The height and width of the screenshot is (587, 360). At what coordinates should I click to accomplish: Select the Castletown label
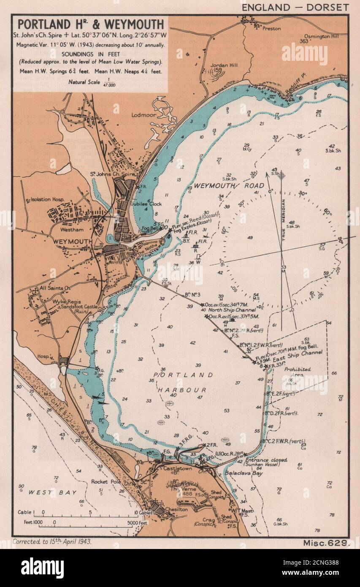[172, 469]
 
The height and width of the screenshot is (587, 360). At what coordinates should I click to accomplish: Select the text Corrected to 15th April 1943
[52, 541]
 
